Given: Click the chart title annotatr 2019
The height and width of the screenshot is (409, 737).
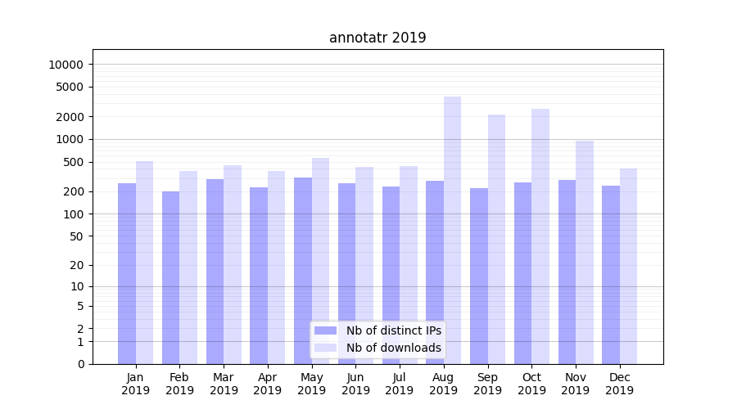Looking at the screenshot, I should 378,38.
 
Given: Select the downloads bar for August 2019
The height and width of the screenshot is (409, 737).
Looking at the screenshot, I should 452,230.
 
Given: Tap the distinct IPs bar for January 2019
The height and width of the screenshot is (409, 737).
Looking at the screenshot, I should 127,273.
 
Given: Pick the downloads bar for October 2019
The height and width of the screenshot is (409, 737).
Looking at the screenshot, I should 540,236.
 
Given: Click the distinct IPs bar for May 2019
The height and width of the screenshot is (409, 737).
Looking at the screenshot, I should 303,271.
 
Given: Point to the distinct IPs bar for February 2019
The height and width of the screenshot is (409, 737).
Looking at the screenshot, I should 170,277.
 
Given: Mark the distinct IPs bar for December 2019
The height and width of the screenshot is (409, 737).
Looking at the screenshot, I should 611,275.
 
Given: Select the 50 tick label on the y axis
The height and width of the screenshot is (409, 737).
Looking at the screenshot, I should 75,236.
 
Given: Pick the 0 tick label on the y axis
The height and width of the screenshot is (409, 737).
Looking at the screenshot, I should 80,364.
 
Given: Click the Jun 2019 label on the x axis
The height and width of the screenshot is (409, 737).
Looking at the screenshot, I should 355,384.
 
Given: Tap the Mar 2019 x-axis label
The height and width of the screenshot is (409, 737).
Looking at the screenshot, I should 224,384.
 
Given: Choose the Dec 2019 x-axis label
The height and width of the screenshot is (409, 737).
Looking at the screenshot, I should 619,384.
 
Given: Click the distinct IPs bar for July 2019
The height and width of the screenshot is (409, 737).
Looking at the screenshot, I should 391,275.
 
